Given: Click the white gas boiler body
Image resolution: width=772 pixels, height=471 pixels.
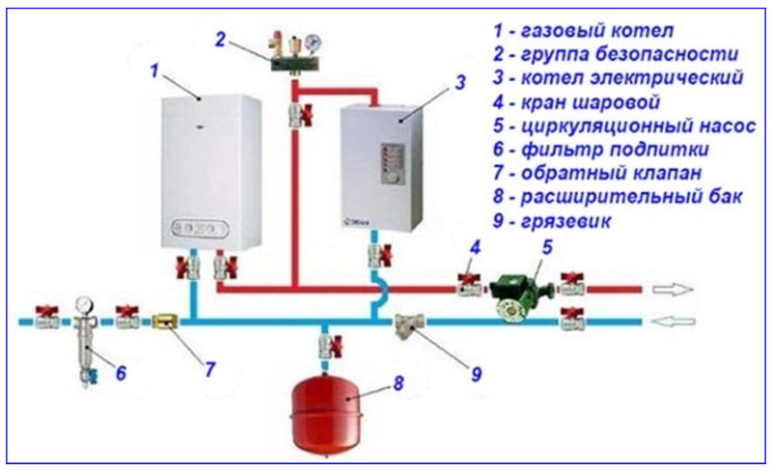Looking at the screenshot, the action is tap(211, 172).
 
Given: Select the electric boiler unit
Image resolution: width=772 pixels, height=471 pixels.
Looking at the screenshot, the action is tap(382, 168).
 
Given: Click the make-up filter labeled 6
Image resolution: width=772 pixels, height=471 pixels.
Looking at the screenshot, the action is tap(86, 341).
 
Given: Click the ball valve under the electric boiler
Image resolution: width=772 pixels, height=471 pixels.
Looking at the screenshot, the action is tap(380, 254).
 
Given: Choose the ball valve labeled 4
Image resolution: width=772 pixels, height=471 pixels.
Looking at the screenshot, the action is tap(471, 284).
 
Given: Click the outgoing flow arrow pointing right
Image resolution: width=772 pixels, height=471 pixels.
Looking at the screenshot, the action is tap(673, 290).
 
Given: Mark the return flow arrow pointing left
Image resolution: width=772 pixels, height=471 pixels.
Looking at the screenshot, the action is tap(673, 321).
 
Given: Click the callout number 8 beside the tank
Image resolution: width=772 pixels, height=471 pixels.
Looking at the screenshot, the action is tap(399, 383).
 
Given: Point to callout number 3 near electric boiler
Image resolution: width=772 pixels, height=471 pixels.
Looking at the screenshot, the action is tap(460, 83).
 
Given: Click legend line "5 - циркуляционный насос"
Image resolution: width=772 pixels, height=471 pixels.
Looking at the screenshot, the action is tap(624, 126).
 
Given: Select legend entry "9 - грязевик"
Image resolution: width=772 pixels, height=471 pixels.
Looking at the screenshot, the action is tap(551, 220).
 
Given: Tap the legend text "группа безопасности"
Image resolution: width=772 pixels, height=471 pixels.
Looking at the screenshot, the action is tap(629, 54).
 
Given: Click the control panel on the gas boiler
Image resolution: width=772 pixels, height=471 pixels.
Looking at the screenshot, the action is tap(200, 229).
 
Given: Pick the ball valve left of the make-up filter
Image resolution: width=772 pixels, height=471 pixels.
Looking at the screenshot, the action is tap(47, 317).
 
